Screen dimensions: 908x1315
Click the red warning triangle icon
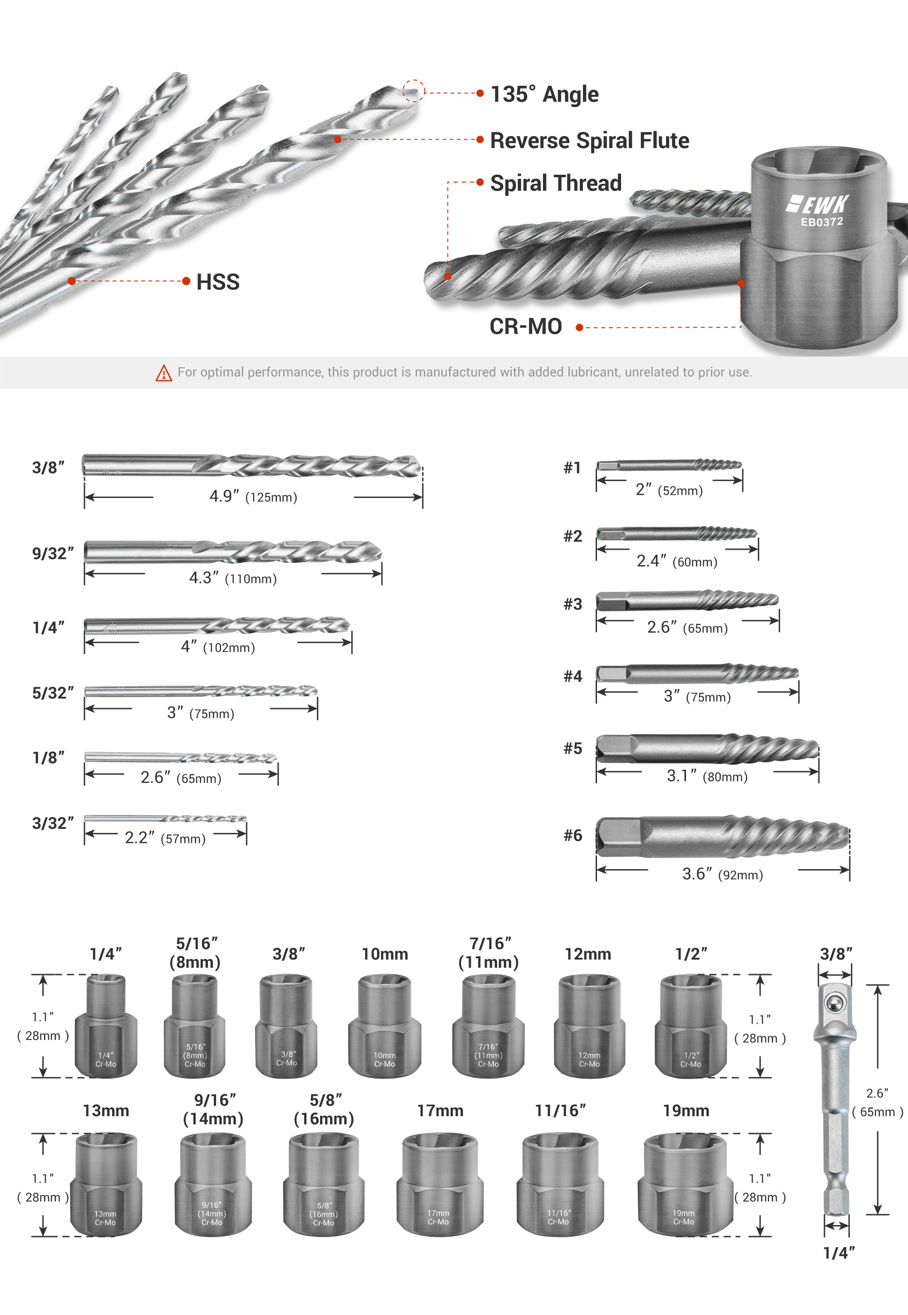(164, 373)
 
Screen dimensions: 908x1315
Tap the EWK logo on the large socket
(818, 204)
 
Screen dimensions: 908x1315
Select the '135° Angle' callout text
(544, 94)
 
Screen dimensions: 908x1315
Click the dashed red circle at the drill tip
(414, 91)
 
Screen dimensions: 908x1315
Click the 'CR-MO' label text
(526, 326)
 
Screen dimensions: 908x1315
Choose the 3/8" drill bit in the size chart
(252, 466)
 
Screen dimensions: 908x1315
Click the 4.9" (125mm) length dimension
(253, 497)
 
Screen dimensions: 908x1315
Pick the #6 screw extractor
(722, 836)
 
